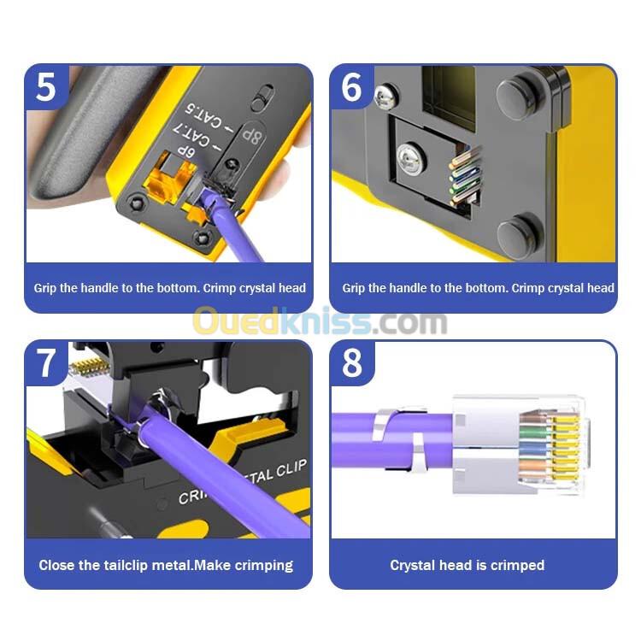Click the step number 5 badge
45,87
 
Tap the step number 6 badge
351,87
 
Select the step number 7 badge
45,363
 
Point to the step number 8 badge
351,363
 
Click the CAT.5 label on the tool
204,116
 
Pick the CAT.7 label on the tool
191,135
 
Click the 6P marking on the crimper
186,152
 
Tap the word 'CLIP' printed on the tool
291,468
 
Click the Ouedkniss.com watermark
320,321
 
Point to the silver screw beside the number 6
385,97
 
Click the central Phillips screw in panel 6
410,159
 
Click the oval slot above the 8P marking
262,97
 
